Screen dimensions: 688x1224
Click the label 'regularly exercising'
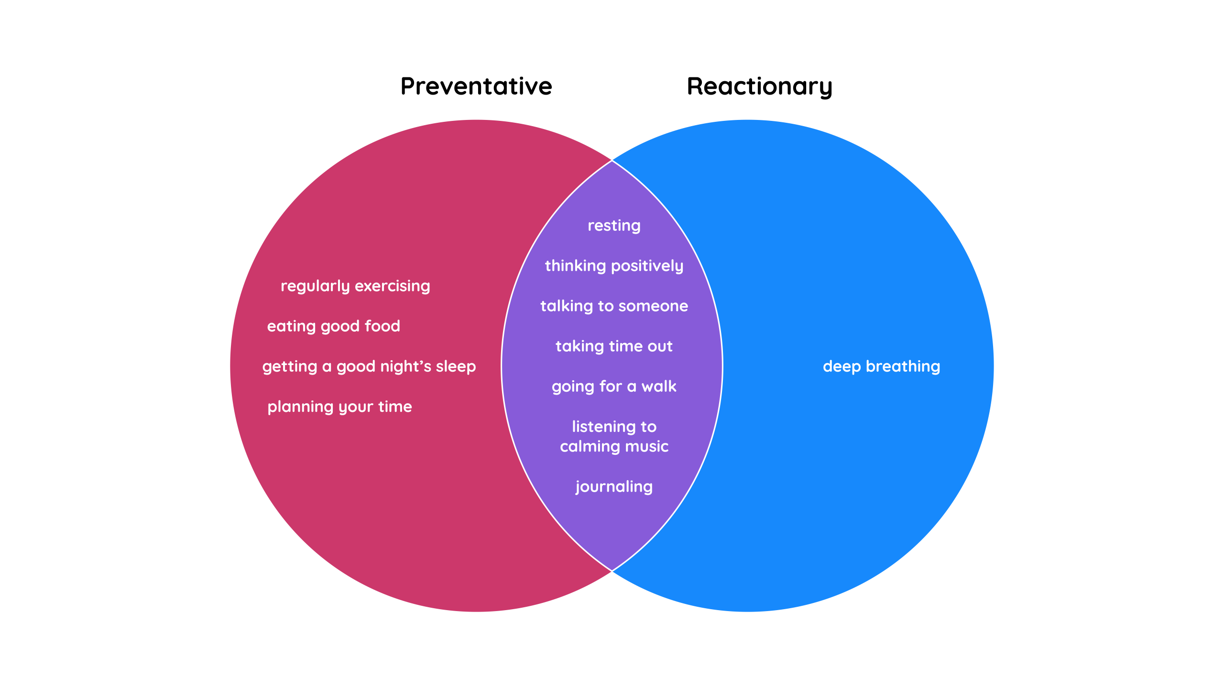355,286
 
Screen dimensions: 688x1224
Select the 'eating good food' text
333,326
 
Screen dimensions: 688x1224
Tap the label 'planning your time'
339,407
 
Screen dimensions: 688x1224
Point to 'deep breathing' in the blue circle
881,366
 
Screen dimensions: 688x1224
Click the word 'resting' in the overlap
614,225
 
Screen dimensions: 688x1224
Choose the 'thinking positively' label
614,266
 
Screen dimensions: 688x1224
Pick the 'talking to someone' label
614,306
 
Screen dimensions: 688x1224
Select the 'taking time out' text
614,346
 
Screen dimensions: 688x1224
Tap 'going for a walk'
614,386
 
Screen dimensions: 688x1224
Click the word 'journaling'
614,486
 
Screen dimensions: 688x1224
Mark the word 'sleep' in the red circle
456,366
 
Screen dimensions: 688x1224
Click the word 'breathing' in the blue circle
903,366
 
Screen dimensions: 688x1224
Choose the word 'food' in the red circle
382,326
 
